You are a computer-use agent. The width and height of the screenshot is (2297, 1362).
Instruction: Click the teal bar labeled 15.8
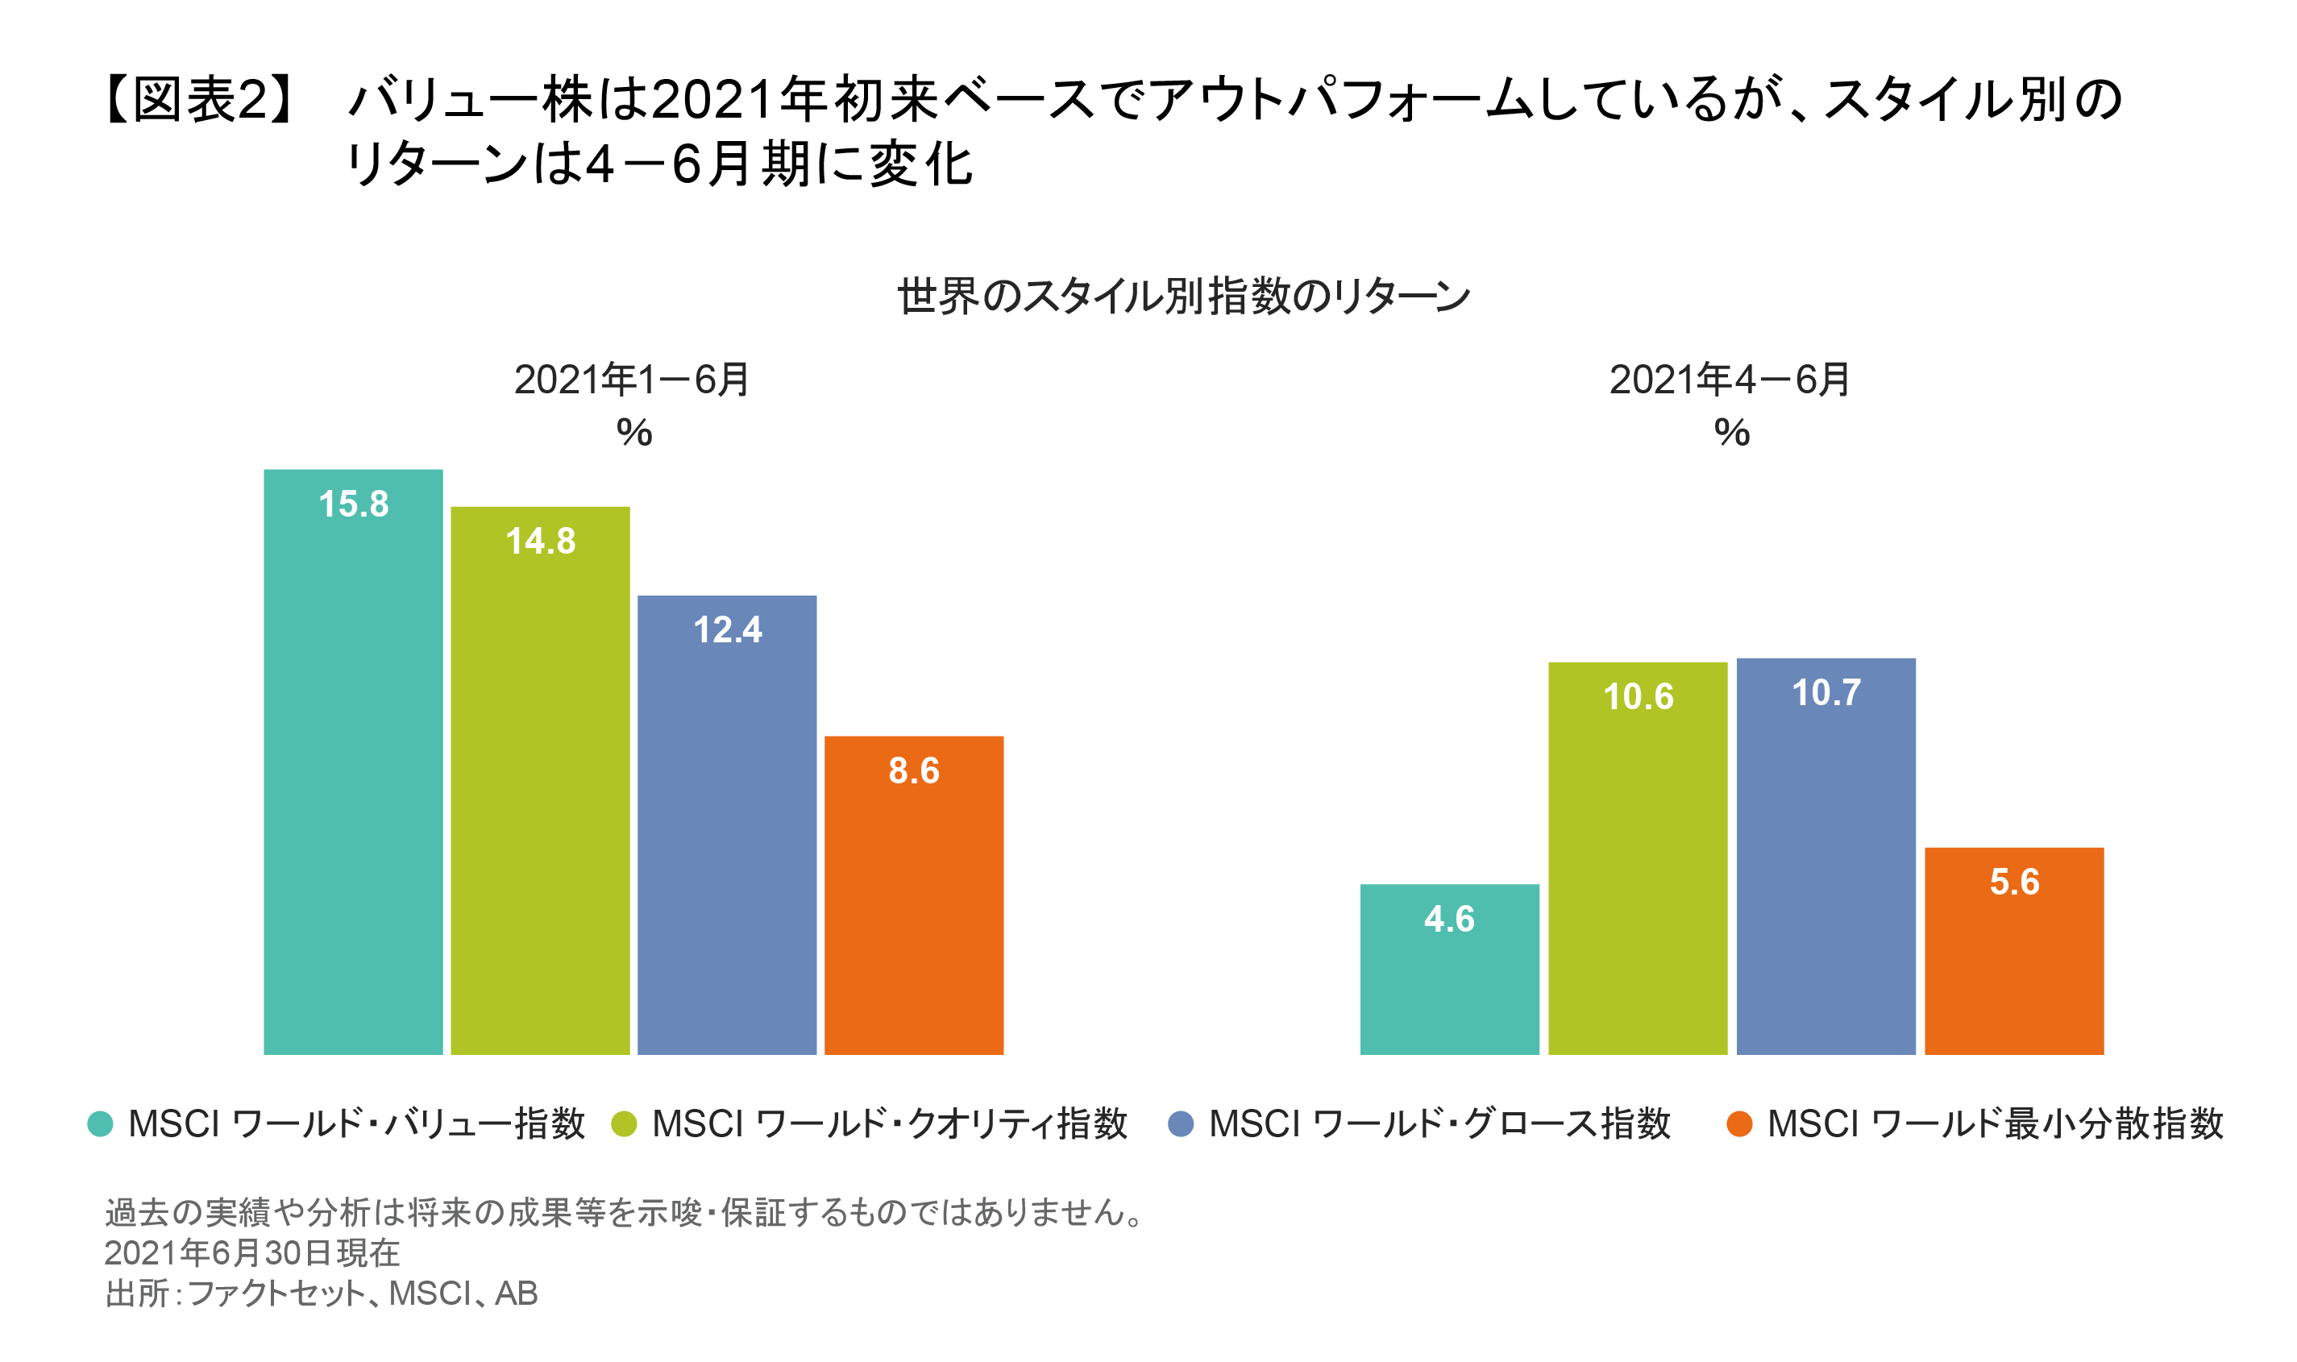tap(353, 780)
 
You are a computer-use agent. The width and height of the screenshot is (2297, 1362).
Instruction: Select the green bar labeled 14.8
tap(540, 799)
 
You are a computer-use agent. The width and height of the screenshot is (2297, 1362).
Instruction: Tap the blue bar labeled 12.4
tap(727, 845)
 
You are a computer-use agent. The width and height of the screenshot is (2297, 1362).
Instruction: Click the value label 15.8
tap(353, 504)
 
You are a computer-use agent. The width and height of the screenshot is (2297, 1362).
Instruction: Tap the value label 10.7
tap(1826, 693)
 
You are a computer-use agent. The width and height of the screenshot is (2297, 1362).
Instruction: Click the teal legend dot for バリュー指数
tap(100, 1123)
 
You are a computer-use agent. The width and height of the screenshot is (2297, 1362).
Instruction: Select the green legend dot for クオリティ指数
tap(624, 1123)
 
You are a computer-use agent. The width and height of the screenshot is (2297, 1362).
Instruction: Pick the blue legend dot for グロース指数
tap(1180, 1123)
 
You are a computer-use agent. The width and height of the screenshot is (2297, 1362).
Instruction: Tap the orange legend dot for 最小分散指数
tap(1739, 1123)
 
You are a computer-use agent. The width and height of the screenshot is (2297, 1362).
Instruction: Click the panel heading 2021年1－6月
tap(633, 380)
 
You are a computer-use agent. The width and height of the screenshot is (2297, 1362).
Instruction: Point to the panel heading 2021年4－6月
tap(1730, 380)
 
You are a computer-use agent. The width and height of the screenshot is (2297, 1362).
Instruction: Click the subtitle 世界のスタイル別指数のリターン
tap(1184, 297)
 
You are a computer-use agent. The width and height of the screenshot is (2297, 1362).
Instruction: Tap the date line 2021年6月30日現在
tap(251, 1252)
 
